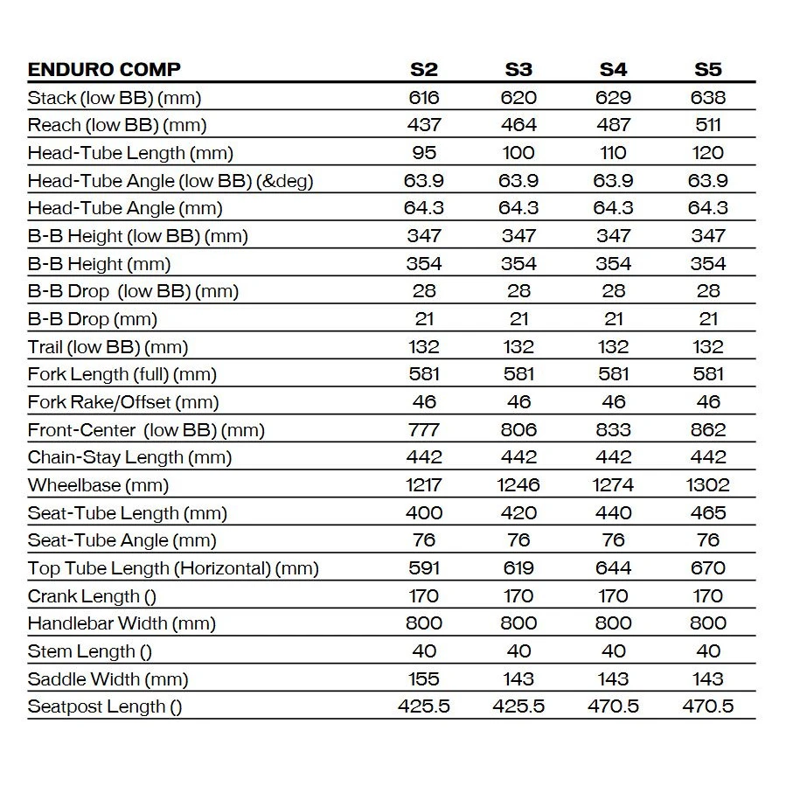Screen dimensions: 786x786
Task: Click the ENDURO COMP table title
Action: click(x=104, y=70)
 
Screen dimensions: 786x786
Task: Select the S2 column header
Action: click(x=424, y=70)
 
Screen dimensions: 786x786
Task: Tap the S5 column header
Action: click(x=707, y=70)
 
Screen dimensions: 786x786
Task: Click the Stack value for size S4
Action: click(x=613, y=98)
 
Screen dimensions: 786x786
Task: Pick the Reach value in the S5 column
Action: click(x=707, y=125)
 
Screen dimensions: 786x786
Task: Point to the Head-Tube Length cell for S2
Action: click(x=424, y=153)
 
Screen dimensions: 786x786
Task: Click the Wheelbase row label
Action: click(x=98, y=485)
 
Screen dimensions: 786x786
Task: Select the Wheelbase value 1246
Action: click(x=518, y=485)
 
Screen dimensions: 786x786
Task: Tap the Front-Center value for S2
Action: click(x=424, y=430)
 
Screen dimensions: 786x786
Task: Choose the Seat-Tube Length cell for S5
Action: click(x=707, y=513)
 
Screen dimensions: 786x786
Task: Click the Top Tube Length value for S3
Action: click(x=518, y=568)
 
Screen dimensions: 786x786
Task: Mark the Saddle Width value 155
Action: click(x=424, y=679)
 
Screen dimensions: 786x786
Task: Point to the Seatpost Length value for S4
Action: click(x=613, y=706)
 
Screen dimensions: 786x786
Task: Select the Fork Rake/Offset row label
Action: click(x=123, y=402)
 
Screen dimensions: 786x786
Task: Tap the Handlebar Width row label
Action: click(x=122, y=623)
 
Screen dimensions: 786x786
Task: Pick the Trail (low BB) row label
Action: click(x=108, y=347)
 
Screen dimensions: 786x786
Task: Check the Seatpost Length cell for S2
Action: click(x=424, y=706)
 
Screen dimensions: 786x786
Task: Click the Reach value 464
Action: click(x=518, y=125)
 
